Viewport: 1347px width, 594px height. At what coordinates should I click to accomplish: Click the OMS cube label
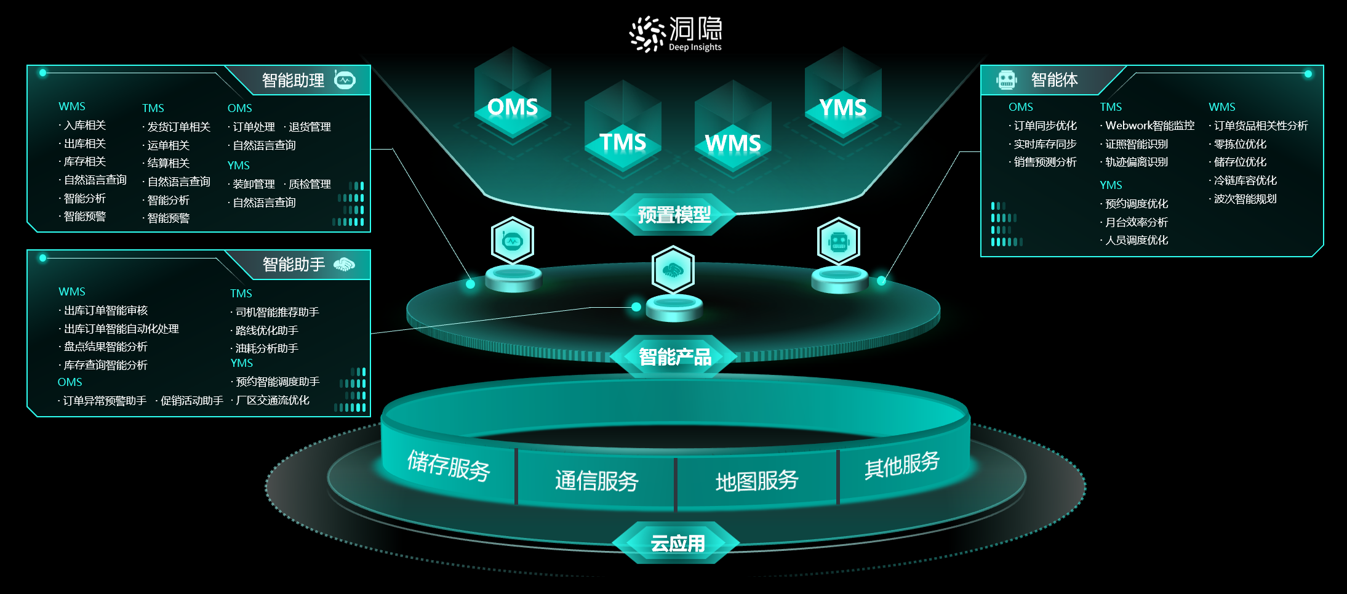[512, 107]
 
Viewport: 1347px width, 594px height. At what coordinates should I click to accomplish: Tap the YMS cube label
[842, 108]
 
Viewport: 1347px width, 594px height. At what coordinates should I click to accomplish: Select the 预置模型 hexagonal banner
[674, 215]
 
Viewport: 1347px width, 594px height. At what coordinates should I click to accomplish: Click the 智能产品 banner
[674, 356]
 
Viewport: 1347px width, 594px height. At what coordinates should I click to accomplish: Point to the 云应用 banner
[677, 543]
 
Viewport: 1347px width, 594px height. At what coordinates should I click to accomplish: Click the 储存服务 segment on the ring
[448, 465]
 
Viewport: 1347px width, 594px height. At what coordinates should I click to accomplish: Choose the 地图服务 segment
[756, 481]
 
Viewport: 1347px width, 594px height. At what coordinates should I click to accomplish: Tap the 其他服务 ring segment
[901, 465]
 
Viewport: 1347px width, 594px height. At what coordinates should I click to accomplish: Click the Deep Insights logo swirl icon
[647, 34]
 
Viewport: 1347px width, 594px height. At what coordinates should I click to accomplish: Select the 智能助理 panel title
[293, 81]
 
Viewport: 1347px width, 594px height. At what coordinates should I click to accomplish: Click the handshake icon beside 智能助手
[344, 265]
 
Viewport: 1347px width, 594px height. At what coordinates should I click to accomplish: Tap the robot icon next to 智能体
[1007, 79]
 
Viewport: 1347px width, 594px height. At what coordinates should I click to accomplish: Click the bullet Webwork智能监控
[1149, 126]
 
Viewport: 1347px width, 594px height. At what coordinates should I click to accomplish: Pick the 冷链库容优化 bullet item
[1244, 180]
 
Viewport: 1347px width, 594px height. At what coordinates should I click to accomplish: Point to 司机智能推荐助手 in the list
[277, 312]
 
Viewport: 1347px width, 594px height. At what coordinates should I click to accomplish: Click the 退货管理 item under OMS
[310, 127]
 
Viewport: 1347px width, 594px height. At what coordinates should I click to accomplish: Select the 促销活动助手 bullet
[191, 401]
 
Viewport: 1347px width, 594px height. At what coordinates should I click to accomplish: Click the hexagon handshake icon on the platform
[673, 270]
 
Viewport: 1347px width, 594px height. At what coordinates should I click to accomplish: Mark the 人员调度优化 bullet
[1136, 240]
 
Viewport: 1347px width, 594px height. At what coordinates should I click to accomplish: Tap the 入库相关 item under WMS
[85, 126]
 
